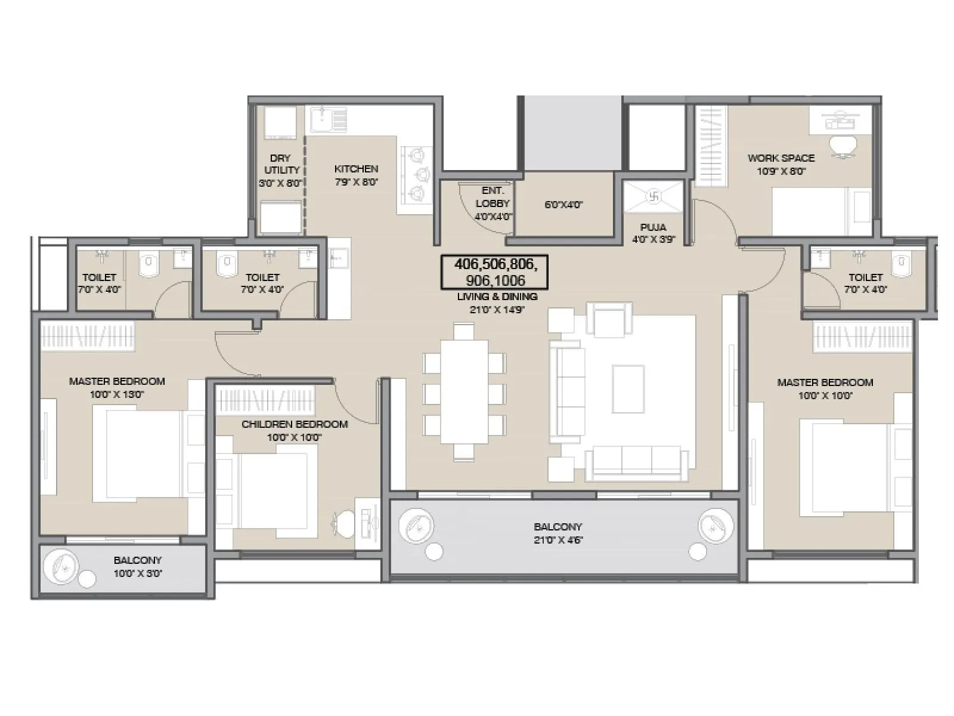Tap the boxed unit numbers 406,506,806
494,271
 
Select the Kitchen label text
356,169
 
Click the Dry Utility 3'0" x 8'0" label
280,171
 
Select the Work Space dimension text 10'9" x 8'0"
781,171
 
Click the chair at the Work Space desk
844,144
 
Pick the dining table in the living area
464,392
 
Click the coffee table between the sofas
628,388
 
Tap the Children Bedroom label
295,424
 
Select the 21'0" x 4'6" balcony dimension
557,540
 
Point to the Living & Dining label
497,297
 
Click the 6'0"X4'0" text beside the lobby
563,205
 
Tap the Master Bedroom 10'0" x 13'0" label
117,387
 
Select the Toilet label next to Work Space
865,277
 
